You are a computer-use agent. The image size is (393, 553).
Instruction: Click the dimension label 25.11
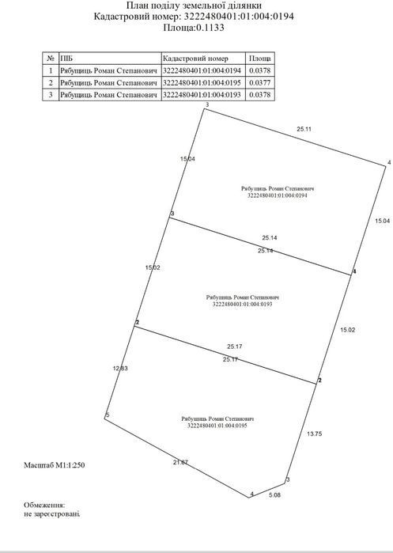[x=304, y=129]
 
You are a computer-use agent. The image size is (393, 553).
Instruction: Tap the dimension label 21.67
[x=180, y=462]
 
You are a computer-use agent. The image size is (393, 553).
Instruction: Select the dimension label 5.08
[x=275, y=494]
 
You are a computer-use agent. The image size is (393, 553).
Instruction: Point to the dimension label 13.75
[x=314, y=434]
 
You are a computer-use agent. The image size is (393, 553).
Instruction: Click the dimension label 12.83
[x=120, y=368]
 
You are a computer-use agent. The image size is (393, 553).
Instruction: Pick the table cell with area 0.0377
[x=260, y=83]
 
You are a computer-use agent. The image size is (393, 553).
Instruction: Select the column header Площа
[x=260, y=59]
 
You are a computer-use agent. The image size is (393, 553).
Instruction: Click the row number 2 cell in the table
[x=51, y=83]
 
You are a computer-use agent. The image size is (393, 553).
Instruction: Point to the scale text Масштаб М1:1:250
[x=55, y=465]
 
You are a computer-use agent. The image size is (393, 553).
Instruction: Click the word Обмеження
[x=44, y=506]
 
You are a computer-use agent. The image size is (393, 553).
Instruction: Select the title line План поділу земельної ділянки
[x=194, y=6]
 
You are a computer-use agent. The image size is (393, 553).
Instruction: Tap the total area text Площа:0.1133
[x=194, y=28]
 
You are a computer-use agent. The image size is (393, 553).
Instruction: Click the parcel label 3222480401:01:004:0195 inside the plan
[x=217, y=426]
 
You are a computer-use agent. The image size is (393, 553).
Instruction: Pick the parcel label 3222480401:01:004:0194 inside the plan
[x=278, y=195]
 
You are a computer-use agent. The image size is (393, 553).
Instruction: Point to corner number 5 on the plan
[x=108, y=415]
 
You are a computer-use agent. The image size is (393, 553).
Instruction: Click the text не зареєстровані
[x=52, y=514]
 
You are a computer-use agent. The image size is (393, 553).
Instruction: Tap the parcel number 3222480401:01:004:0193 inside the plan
[x=243, y=304]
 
